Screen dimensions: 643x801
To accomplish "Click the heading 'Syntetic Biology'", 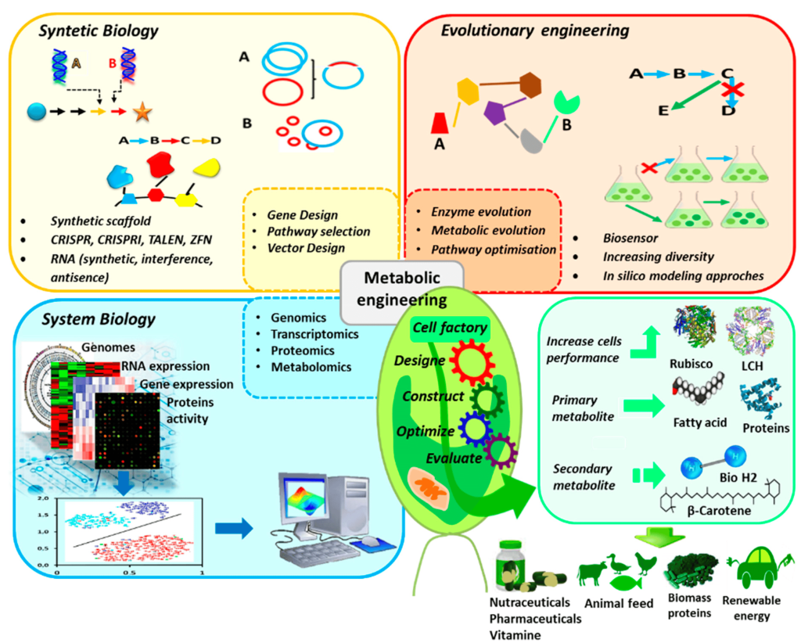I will [x=99, y=31].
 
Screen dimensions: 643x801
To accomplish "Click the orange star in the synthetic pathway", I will [x=142, y=113].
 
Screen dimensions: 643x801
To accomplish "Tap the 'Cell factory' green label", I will [x=450, y=329].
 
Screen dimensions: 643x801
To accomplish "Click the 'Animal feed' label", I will [x=618, y=604].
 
